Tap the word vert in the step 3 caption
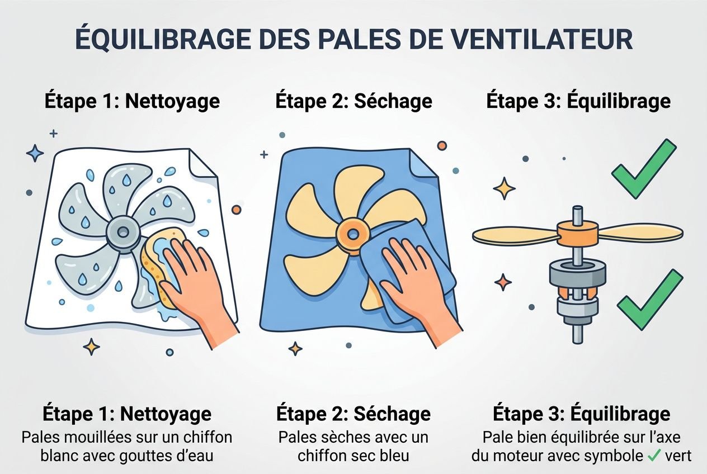[678, 456]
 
